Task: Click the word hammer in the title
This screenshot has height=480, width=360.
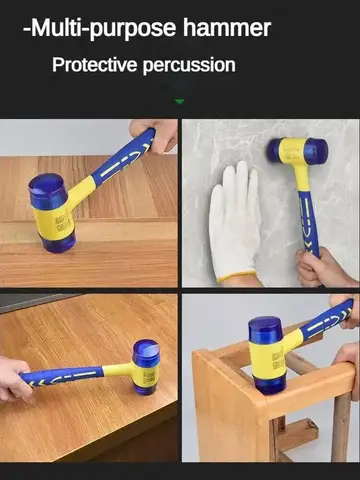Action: point(225,28)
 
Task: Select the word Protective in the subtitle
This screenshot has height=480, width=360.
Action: point(96,66)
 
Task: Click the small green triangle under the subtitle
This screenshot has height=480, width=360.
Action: point(180,101)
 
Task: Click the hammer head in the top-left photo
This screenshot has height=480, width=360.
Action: point(52,212)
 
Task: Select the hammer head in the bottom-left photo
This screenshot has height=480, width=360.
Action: point(146,365)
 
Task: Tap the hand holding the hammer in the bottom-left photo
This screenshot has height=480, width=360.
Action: point(14,377)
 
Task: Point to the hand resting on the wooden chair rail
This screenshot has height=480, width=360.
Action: point(347,355)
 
